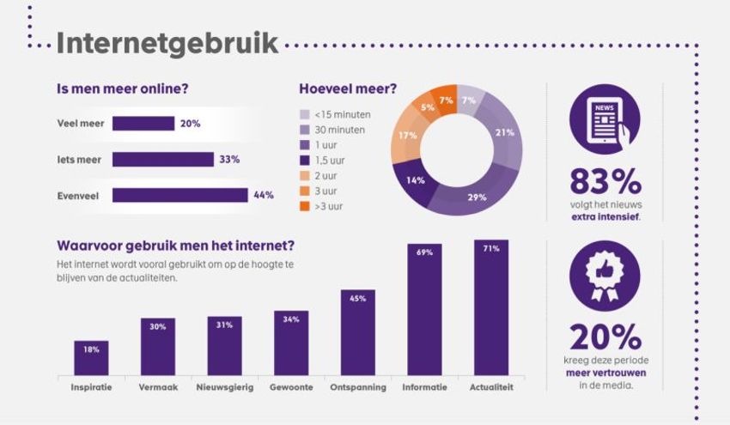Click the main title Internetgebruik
167,44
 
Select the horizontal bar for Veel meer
143,124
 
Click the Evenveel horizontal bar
179,195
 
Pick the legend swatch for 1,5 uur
304,160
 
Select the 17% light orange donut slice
409,136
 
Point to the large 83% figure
605,182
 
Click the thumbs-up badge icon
604,276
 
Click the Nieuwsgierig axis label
224,387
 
